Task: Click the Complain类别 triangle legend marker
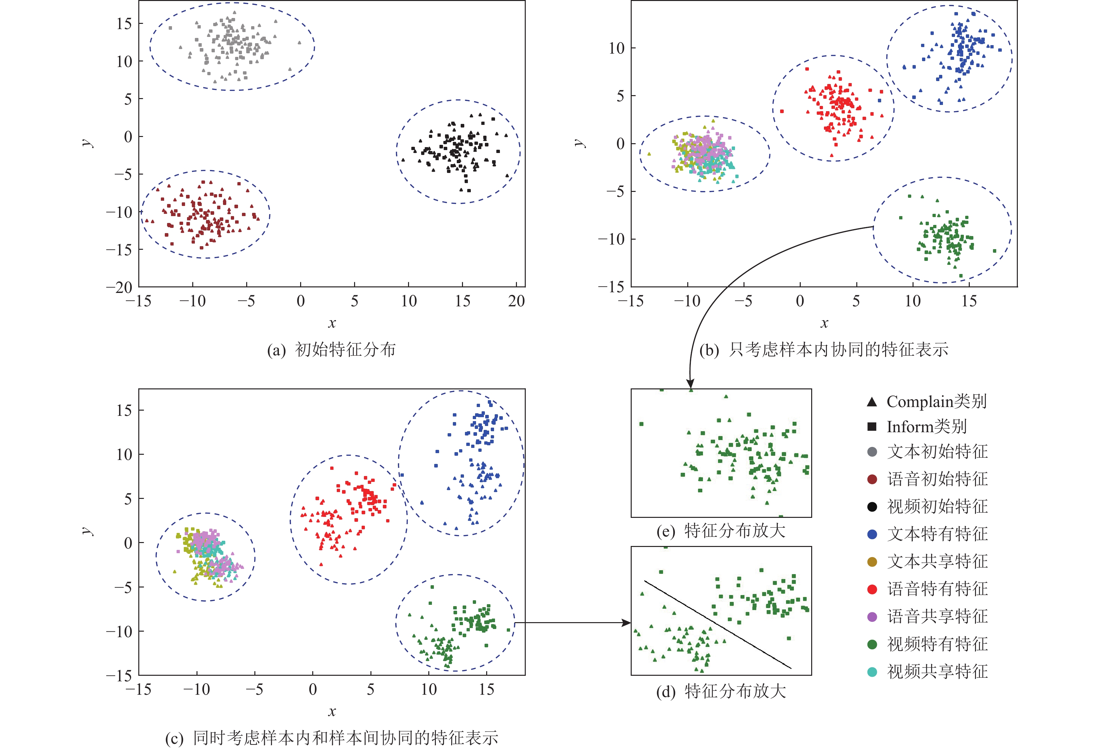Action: (872, 401)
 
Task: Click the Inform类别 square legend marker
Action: (872, 427)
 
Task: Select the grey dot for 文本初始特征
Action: (872, 452)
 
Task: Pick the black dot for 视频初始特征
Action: (872, 506)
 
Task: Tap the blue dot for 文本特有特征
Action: (872, 534)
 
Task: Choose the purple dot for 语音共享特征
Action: (872, 617)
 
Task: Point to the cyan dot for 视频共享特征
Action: (872, 672)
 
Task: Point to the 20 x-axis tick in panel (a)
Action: (516, 301)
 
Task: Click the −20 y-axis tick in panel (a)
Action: (119, 287)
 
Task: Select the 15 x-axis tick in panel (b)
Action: (969, 301)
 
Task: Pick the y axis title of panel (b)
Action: (580, 143)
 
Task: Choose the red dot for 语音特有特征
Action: (872, 589)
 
